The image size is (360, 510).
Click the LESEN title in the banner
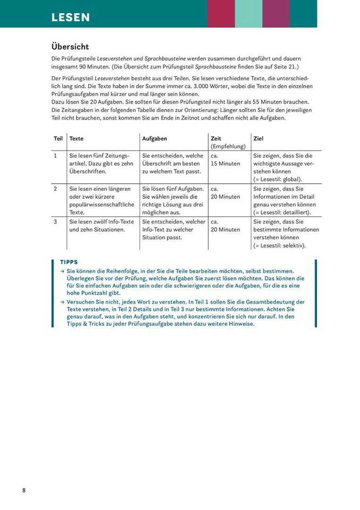click(71, 17)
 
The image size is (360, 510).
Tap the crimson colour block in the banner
click(221, 13)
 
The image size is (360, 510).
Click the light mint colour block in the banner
click(248, 13)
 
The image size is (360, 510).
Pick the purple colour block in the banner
click(276, 13)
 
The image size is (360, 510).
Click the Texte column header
click(76, 139)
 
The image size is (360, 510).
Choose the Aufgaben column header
click(155, 139)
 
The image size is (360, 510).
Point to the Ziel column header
click(258, 139)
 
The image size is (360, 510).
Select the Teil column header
click(58, 139)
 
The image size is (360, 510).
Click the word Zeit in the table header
click(216, 139)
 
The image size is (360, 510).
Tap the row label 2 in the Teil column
click(55, 189)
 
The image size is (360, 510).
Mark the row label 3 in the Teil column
click(55, 222)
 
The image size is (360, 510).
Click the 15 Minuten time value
click(226, 164)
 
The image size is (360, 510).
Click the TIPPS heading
click(69, 262)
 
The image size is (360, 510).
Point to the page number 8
click(24, 490)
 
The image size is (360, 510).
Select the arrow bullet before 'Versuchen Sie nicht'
click(62, 302)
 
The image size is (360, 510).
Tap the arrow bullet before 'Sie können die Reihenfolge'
click(62, 272)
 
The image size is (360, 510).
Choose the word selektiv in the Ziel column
click(293, 246)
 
